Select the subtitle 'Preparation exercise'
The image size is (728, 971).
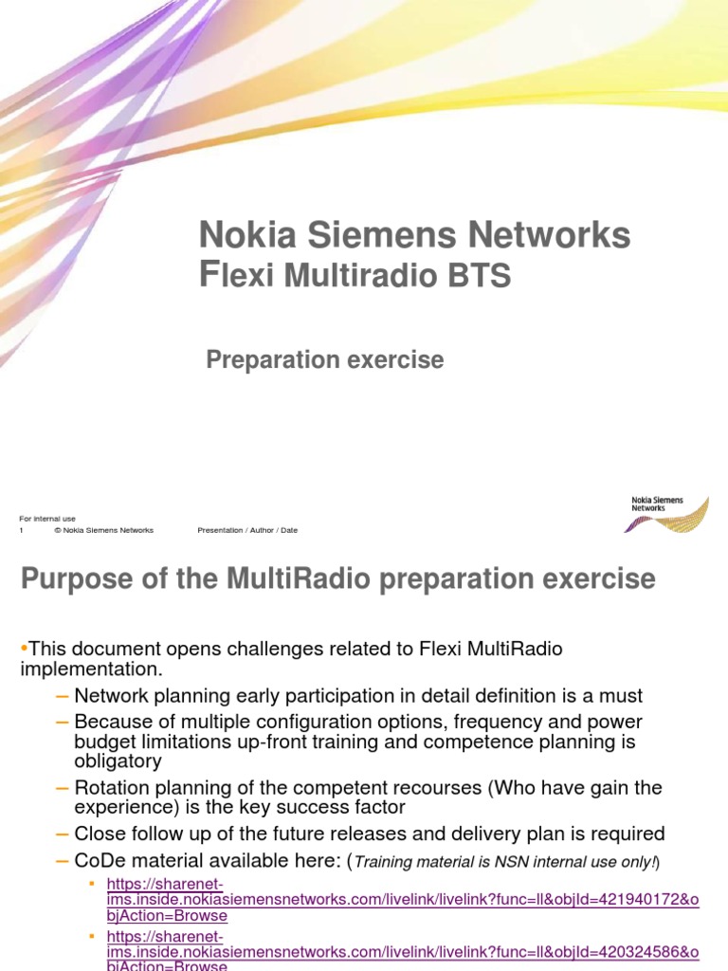tap(325, 360)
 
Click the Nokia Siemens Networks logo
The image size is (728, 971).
tap(668, 513)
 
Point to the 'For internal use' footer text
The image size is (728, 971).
tap(47, 519)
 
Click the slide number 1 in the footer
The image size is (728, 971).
tap(22, 530)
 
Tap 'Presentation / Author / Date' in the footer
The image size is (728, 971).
tap(247, 530)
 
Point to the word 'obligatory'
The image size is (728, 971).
tap(118, 760)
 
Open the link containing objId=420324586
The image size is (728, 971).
tap(403, 951)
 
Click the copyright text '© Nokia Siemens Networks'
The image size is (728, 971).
tap(103, 530)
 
